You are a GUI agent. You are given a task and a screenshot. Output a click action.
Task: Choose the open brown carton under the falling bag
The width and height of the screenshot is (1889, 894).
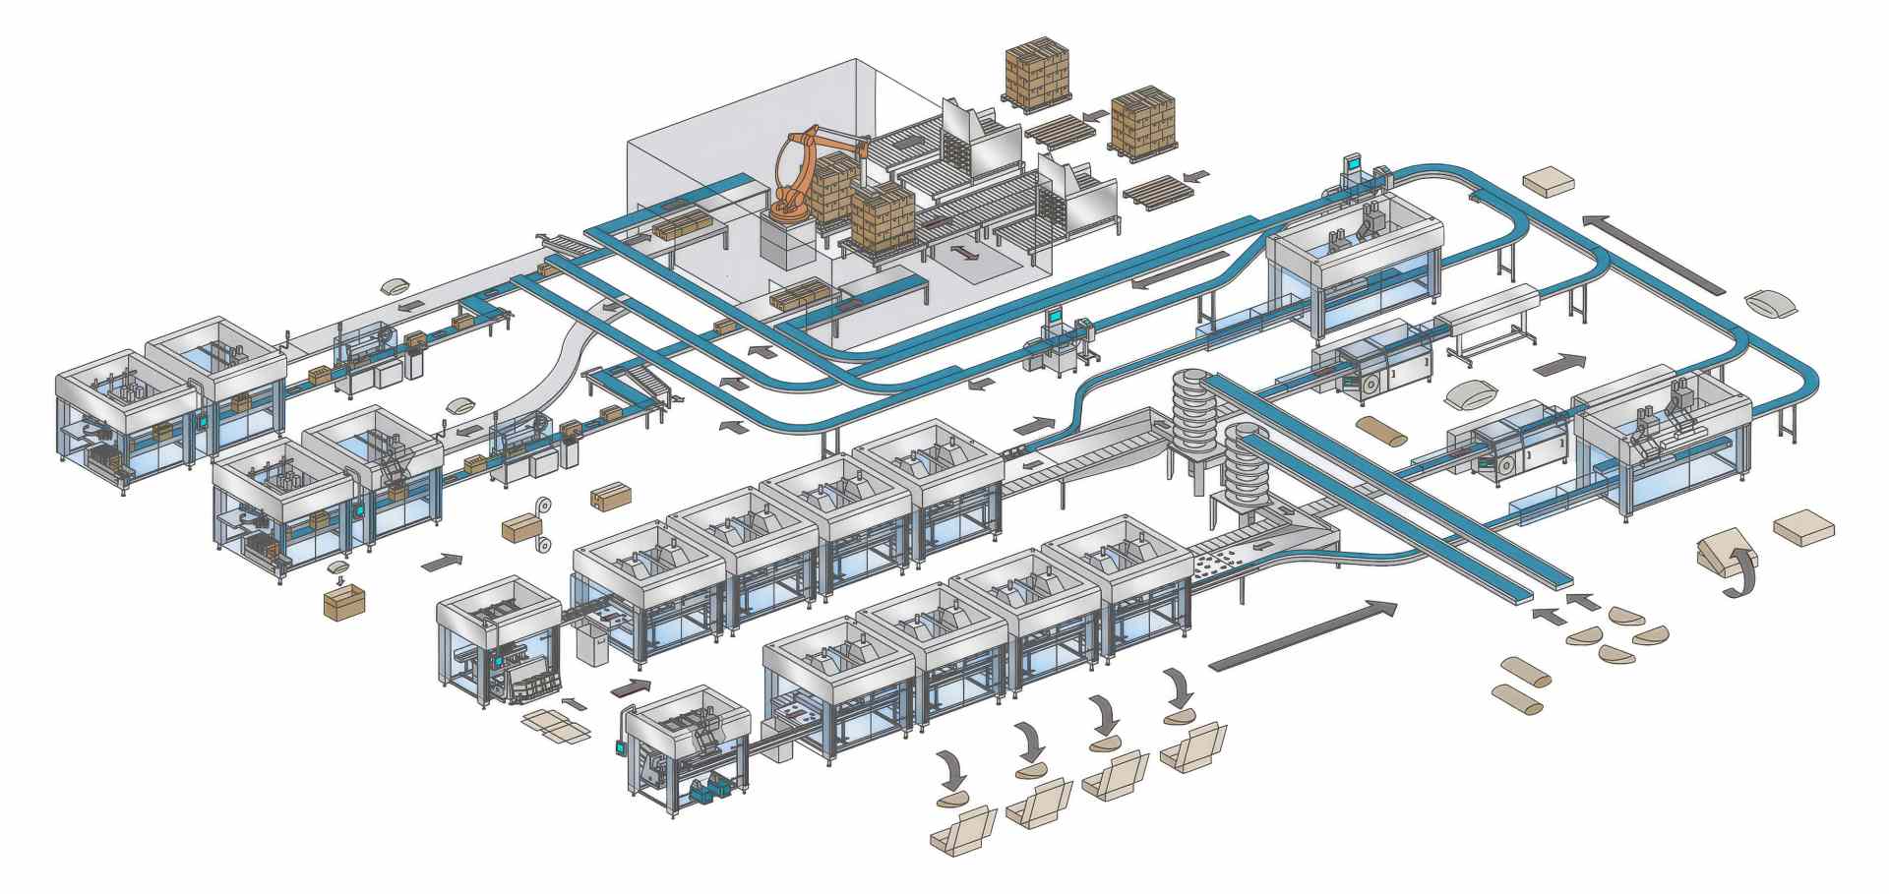click(343, 601)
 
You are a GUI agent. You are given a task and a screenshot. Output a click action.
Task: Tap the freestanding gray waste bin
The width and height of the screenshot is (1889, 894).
click(594, 646)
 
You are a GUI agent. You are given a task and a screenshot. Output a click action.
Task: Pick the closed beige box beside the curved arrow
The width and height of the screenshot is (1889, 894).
click(1803, 526)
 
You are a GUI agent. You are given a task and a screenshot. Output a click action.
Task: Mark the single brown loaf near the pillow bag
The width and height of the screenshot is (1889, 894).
click(1380, 429)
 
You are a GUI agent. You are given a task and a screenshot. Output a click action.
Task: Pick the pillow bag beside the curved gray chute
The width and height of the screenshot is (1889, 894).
click(460, 405)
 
